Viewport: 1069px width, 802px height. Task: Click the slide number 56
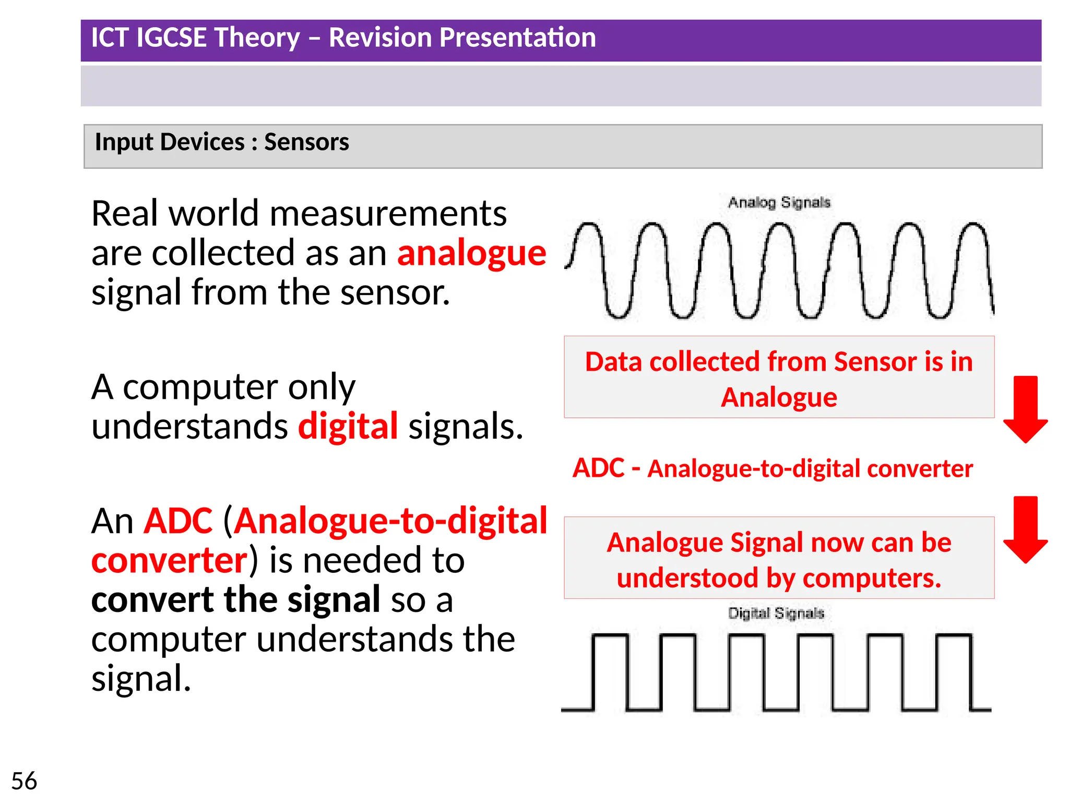(24, 781)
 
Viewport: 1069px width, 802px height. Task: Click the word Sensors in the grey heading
(306, 142)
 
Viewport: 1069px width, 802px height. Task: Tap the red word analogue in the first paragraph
(471, 253)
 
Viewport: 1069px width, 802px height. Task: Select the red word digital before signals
(348, 426)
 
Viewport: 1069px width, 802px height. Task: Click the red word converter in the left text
(169, 560)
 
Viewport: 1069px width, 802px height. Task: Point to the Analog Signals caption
(779, 203)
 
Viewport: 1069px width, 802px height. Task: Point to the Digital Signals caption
(776, 613)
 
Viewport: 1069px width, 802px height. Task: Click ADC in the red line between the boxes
(598, 468)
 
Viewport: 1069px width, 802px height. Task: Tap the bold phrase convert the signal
(236, 599)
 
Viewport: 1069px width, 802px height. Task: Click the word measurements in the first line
(388, 214)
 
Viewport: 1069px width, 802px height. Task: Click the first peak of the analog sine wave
(589, 226)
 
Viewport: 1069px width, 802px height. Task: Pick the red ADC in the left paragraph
(178, 521)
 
